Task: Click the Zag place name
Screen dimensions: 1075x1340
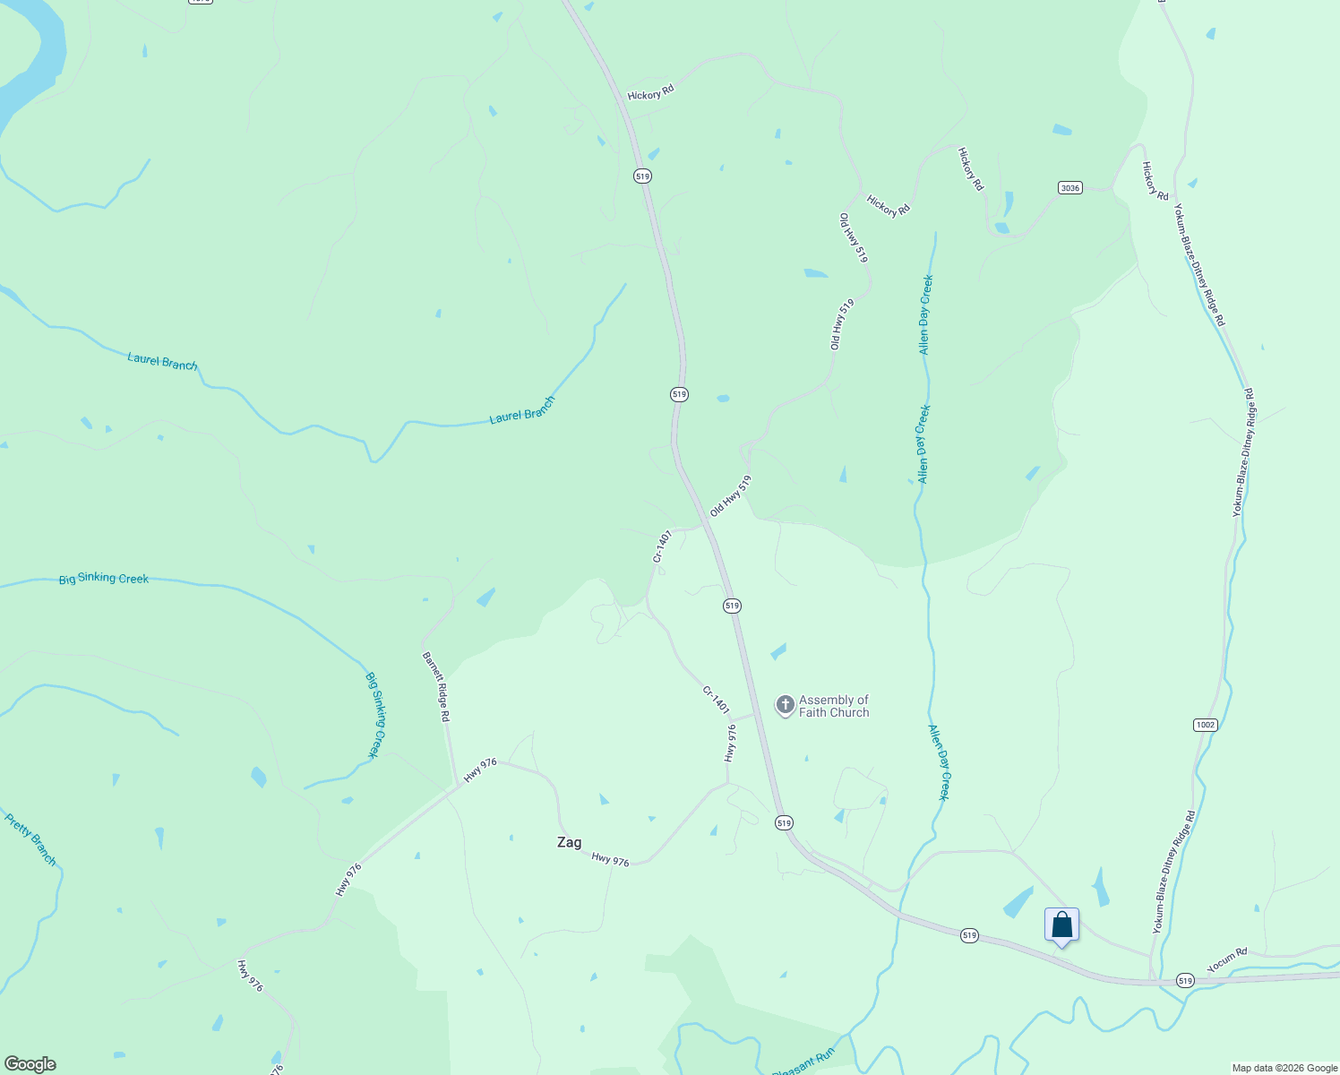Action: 569,842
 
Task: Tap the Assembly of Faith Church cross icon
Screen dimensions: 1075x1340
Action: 785,705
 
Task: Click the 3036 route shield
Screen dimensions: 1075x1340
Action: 1069,188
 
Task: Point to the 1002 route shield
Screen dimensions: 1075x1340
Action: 1206,724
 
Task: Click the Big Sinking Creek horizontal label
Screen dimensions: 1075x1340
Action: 104,579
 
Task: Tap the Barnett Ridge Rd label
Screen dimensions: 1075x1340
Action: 436,687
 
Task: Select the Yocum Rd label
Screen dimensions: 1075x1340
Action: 1227,960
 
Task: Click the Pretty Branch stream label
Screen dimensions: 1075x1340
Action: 30,839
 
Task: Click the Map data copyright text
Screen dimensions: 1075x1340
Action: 1284,1068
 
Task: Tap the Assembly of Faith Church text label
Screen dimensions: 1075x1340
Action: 834,706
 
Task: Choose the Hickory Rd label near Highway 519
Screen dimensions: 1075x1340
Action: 650,94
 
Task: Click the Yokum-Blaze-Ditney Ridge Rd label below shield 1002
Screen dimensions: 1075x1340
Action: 1173,873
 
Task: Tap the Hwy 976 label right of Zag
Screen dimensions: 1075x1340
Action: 610,859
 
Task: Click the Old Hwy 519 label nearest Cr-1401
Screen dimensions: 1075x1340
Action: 730,495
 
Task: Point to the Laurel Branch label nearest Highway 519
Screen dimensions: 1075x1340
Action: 522,410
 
